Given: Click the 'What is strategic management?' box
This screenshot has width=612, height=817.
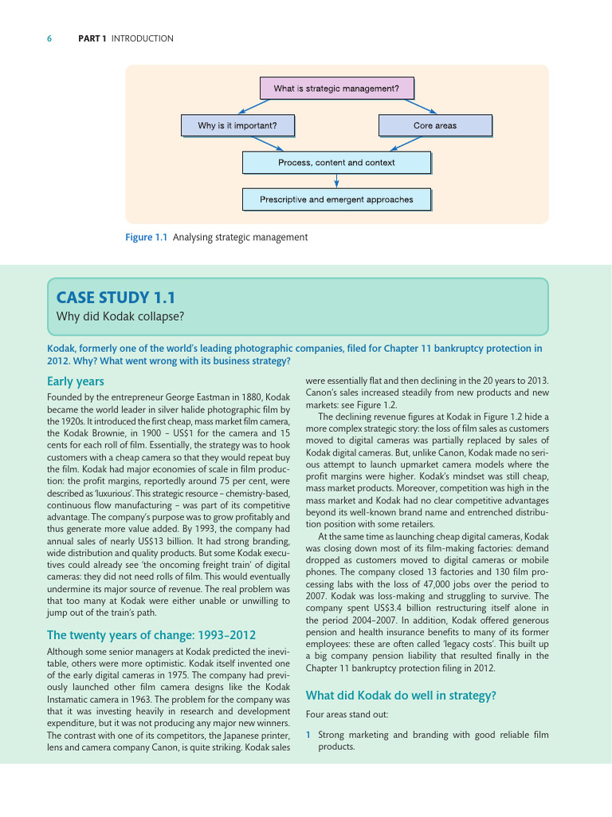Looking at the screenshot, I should (336, 89).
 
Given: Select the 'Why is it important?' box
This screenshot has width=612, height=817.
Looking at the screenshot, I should (237, 125).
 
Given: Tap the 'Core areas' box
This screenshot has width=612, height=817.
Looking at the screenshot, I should (434, 125).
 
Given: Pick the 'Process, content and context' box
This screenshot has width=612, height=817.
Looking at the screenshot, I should (336, 163).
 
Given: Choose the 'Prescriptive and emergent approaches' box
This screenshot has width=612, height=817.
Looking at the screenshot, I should (336, 199).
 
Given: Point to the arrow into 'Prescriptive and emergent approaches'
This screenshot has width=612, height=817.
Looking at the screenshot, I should (336, 181).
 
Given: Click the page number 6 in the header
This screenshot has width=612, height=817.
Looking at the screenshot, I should (50, 38).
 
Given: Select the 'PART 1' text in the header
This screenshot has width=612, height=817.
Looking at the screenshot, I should (92, 38).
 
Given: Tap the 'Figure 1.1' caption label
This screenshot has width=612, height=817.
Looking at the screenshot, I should (146, 237).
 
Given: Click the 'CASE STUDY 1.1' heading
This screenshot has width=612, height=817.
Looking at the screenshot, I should (114, 298).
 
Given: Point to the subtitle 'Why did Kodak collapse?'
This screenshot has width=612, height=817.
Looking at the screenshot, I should (120, 317).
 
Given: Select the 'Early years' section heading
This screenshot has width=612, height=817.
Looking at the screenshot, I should (76, 381).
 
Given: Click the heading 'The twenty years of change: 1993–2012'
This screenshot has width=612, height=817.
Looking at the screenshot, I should (151, 635).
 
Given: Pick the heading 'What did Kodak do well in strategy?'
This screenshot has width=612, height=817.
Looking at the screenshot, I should (401, 696).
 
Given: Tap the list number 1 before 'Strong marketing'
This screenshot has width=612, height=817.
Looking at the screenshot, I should (308, 734).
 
